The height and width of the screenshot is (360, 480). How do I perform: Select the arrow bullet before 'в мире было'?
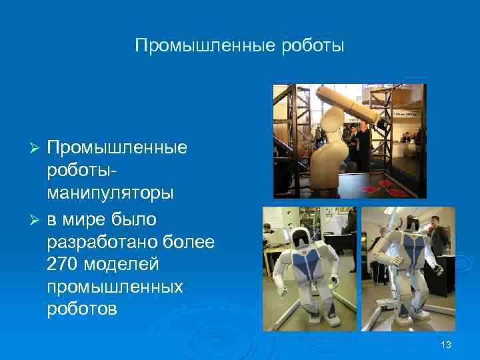(38, 217)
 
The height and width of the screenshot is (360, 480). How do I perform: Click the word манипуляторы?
(110, 193)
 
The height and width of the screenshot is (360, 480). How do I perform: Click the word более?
(191, 241)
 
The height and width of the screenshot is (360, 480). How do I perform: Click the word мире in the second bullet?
(89, 217)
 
